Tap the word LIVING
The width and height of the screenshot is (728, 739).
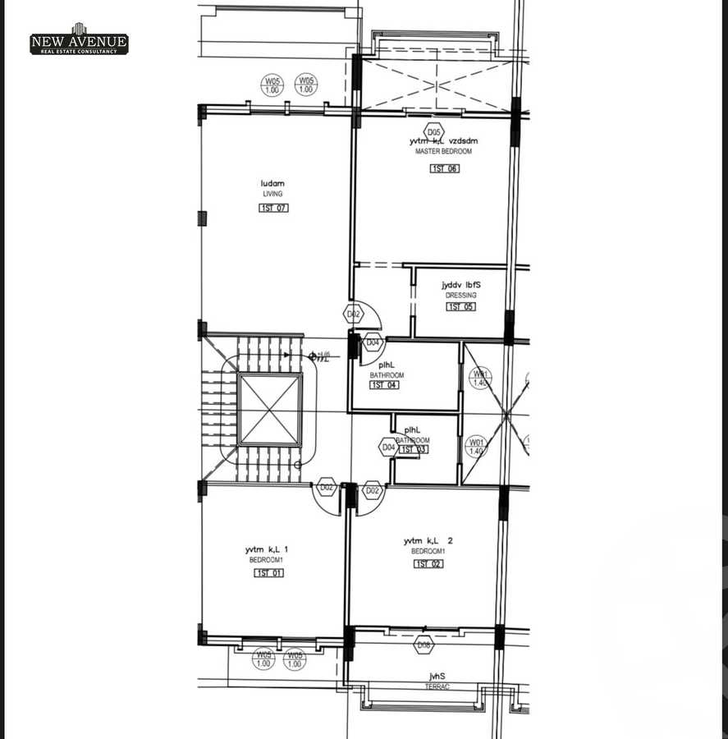point(272,195)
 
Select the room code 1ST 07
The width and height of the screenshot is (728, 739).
point(273,209)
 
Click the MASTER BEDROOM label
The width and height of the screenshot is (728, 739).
point(443,152)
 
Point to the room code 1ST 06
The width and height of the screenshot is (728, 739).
point(445,169)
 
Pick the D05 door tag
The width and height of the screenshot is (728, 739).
point(434,131)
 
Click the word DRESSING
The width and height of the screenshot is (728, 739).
point(460,296)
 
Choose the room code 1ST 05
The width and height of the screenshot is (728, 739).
point(460,307)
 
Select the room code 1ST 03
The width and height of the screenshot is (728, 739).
point(413,450)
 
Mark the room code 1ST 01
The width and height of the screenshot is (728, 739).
point(268,573)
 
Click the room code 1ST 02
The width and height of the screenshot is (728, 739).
point(428,564)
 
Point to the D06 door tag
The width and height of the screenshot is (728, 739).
point(424,645)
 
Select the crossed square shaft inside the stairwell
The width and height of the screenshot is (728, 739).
point(270,410)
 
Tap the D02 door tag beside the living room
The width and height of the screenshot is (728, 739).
point(353,314)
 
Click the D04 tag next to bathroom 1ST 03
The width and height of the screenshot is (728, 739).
point(388,448)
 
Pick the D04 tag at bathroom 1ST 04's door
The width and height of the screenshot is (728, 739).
point(373,343)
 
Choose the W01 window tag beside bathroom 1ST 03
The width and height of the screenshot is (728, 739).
point(476,448)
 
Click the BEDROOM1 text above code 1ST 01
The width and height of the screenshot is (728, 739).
point(266,560)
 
